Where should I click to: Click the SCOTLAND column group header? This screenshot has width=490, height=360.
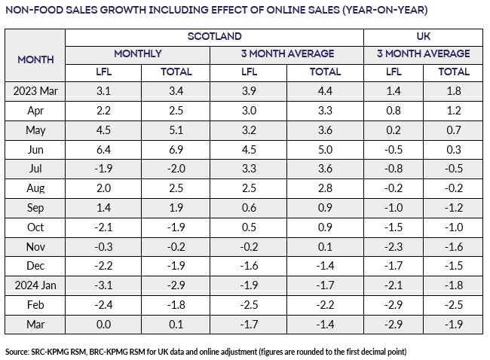(215, 36)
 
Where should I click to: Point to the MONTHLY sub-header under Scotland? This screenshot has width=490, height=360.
(139, 53)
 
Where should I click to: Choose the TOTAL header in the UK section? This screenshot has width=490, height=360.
(454, 72)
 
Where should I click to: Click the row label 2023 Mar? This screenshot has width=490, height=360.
(35, 90)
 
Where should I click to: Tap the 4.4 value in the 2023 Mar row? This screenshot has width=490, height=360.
(325, 90)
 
